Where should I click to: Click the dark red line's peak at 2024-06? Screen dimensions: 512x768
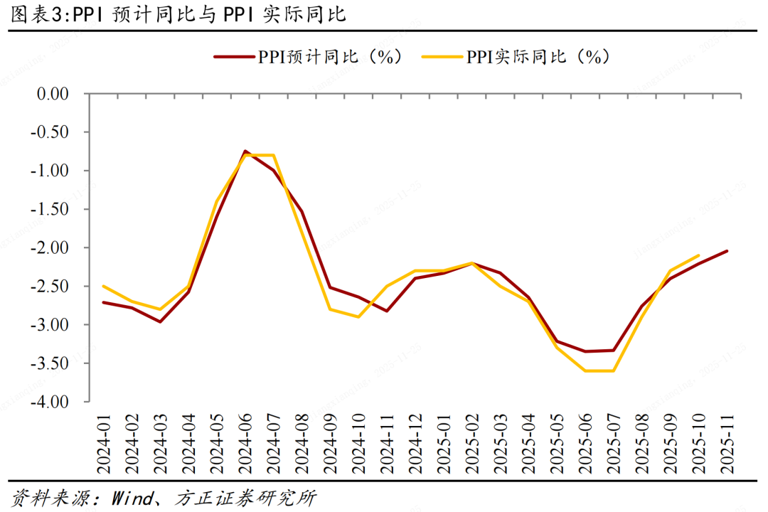(245, 151)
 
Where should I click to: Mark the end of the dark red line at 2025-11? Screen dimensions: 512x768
(727, 250)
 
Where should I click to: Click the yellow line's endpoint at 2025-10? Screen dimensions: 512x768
(698, 255)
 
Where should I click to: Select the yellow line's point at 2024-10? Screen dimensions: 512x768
(358, 317)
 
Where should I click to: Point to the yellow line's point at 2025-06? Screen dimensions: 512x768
(585, 370)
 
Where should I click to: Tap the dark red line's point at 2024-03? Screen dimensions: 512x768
(160, 321)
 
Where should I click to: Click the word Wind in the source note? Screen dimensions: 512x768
(132, 498)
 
